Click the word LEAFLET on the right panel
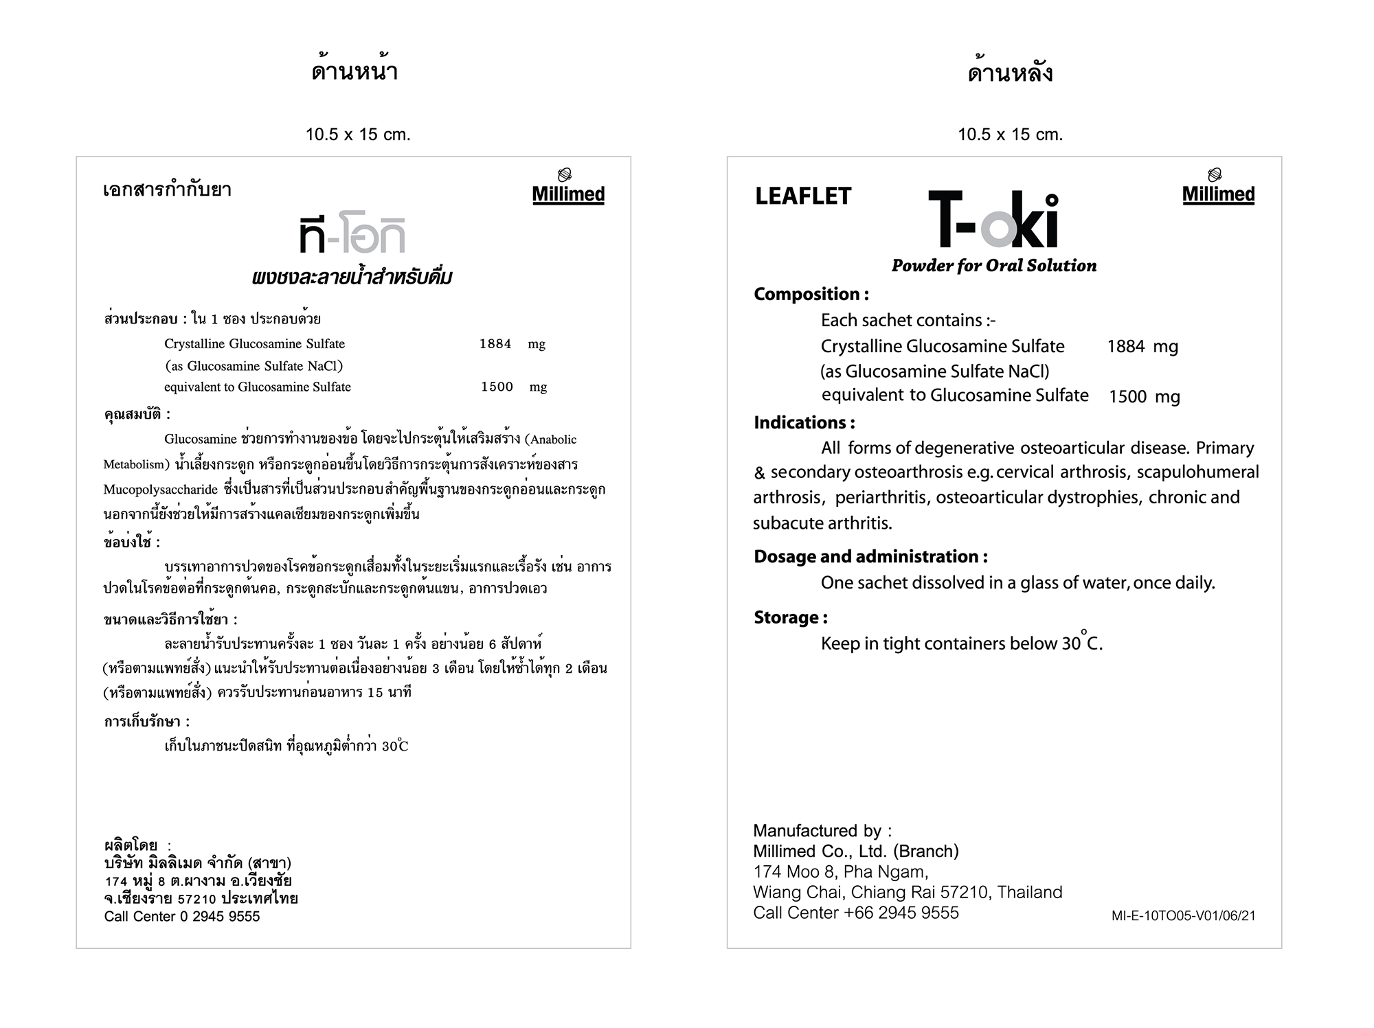click(x=802, y=196)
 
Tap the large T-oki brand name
click(x=993, y=220)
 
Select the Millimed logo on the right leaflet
click(x=1218, y=187)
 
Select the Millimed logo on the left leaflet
click(x=568, y=187)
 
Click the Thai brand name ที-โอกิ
click(x=352, y=236)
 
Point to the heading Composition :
click(x=811, y=294)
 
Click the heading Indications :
click(x=804, y=422)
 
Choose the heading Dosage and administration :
click(x=870, y=556)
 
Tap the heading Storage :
click(x=790, y=617)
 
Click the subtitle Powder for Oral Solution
click(x=993, y=266)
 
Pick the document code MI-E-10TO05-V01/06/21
click(x=1183, y=915)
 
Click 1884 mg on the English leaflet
click(x=1142, y=347)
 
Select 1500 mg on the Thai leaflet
click(x=513, y=387)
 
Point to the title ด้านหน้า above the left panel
click(x=354, y=72)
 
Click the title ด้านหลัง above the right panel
click(x=1010, y=73)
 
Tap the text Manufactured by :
click(x=822, y=831)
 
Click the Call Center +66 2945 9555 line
click(x=855, y=913)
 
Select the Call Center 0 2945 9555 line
click(x=182, y=917)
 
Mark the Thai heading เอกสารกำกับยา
click(x=167, y=190)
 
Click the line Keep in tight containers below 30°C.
click(x=961, y=643)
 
